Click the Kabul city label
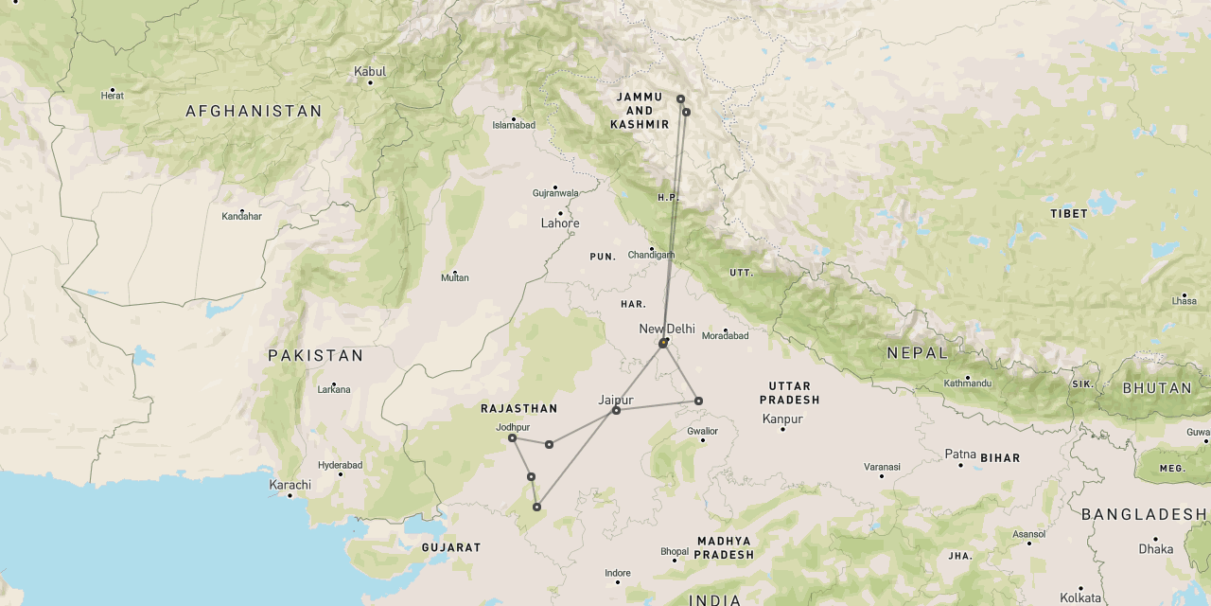coord(370,71)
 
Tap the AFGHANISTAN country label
coord(254,112)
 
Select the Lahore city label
coord(560,223)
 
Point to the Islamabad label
coord(514,125)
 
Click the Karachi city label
coord(290,485)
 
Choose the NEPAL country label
coord(917,353)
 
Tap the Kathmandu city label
coord(967,383)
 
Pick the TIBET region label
coord(1069,214)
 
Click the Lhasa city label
coord(1184,300)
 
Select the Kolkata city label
coord(1080,597)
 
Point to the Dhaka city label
coord(1156,549)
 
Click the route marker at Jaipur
coord(616,410)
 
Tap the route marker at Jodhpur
coord(512,437)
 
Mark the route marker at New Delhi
coord(663,343)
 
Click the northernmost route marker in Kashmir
coord(680,98)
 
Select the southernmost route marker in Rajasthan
coord(536,508)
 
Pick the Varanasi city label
coord(881,466)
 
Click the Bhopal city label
coord(675,551)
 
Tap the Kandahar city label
coord(241,216)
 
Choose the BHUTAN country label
coord(1157,388)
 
